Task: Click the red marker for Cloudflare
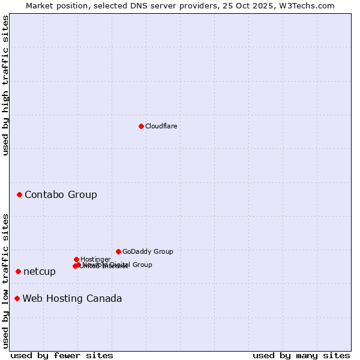141,126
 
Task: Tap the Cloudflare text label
161,126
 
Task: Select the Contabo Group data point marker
20,194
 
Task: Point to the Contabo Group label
61,194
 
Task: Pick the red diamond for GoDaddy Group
118,251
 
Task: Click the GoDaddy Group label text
148,251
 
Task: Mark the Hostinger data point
76,259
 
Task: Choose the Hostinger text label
95,259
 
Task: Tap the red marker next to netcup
18,271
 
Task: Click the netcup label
40,271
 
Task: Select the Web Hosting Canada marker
17,298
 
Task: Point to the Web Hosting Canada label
72,298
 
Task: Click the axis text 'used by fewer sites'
62,355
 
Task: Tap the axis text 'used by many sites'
301,355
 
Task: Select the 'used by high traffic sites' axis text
6,85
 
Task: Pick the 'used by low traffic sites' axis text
6,280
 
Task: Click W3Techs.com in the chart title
310,5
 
